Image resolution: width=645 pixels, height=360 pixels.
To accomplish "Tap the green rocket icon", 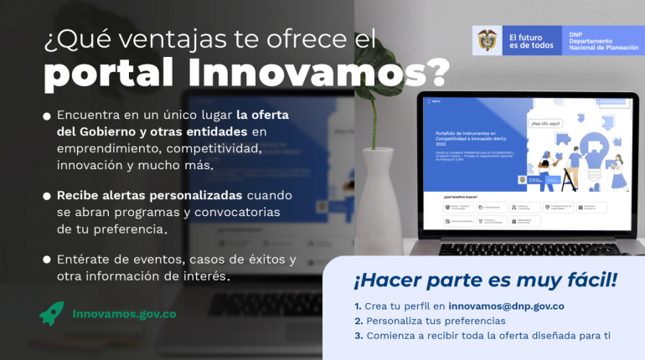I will pyautogui.click(x=51, y=313).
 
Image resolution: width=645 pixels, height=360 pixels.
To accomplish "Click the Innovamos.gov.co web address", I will pyautogui.click(x=124, y=314).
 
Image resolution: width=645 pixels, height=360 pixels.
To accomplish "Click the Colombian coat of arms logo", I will pyautogui.click(x=487, y=40).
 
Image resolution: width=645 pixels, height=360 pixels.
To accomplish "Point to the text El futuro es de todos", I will pyautogui.click(x=530, y=40).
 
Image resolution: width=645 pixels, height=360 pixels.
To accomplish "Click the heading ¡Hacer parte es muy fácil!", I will pyautogui.click(x=485, y=280).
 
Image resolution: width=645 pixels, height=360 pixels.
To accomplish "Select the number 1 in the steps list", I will pyautogui.click(x=358, y=306).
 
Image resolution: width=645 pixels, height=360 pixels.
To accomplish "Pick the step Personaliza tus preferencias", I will pyautogui.click(x=435, y=321).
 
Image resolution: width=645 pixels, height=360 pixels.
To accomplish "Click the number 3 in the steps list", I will pyautogui.click(x=358, y=336).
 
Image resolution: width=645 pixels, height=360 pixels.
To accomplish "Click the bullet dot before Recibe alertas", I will pyautogui.click(x=47, y=196).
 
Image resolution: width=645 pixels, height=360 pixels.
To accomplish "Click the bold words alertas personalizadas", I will pyautogui.click(x=176, y=195).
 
